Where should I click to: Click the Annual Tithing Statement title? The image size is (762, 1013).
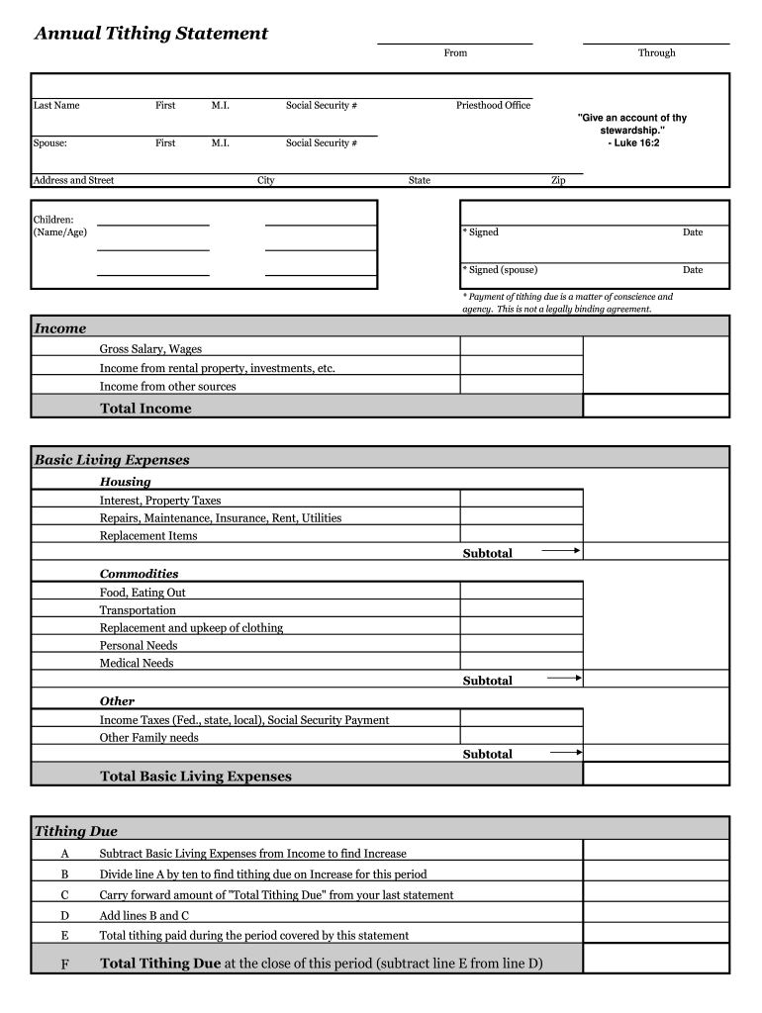coord(151,34)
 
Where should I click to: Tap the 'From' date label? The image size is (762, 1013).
coord(455,52)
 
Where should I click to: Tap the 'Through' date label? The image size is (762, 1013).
coord(656,52)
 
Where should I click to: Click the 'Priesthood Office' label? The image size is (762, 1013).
coord(493,105)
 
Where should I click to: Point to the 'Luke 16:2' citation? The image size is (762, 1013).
coord(632,143)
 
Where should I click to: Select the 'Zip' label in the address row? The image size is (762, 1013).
coord(558,180)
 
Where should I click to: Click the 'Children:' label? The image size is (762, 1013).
coord(53,219)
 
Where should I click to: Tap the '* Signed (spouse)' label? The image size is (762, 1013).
coord(500,269)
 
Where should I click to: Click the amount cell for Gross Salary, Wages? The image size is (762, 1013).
coord(521,347)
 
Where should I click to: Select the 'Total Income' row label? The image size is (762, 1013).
coord(145,408)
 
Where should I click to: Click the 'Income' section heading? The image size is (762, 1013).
coord(60,328)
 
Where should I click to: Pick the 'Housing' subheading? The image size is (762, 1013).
coord(126,482)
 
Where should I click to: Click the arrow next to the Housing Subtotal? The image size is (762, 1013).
coord(562,550)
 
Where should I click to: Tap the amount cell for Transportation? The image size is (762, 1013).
coord(521,610)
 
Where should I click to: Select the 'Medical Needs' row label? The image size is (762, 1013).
coord(137,663)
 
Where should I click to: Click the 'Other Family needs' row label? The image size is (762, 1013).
coord(149,737)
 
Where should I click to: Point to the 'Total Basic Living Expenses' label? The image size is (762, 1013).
coord(196,777)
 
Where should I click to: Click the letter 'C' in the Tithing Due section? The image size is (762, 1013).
coord(65,894)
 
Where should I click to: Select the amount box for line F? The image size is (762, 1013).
coord(656,959)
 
